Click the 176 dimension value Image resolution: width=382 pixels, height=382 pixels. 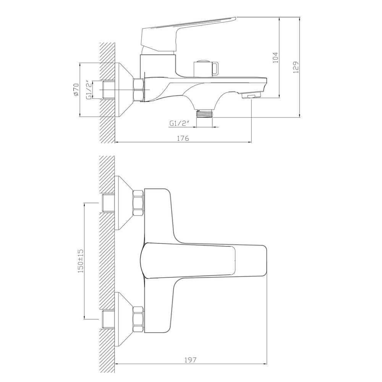[x=183, y=138]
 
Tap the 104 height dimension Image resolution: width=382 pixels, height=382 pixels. [x=276, y=57]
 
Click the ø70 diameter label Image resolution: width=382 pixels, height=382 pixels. [x=76, y=89]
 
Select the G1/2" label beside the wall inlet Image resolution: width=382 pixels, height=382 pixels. [x=89, y=89]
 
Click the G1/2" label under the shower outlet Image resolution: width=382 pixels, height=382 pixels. [x=178, y=123]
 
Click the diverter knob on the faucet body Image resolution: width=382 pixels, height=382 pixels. [x=206, y=68]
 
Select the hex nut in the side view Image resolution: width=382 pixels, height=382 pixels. [x=138, y=89]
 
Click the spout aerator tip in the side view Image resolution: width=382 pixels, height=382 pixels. [x=252, y=95]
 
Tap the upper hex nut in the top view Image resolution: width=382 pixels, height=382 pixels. [x=138, y=204]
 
